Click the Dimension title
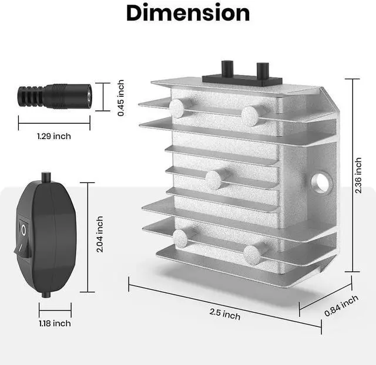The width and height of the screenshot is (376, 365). [188, 13]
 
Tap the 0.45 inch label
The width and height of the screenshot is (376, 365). [121, 98]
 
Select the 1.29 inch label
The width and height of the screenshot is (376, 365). [54, 136]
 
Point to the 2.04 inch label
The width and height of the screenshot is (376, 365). [99, 234]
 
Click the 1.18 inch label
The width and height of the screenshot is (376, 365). [55, 323]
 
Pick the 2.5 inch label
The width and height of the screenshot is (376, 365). [224, 314]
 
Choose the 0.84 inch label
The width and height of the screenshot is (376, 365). [341, 306]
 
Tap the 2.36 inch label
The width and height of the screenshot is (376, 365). [358, 175]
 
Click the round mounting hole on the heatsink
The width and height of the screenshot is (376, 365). [321, 183]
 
